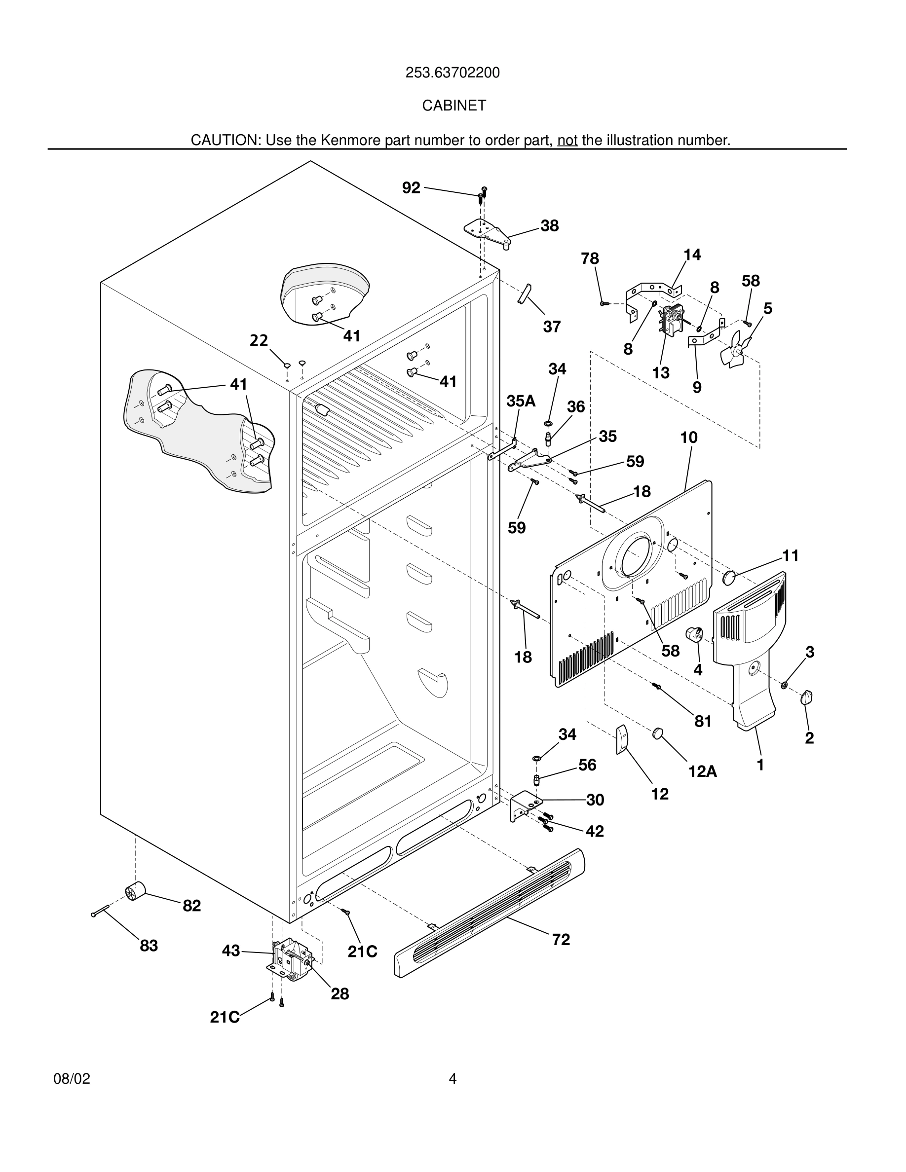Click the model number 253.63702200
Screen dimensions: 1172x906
[453, 73]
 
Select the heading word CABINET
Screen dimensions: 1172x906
[453, 106]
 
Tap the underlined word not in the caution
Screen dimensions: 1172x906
[567, 141]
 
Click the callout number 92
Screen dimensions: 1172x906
[411, 188]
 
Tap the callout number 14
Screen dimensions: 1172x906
[692, 255]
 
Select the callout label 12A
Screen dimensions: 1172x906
[702, 771]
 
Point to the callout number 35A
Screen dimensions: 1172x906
[521, 401]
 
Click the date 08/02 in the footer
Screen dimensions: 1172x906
[72, 1079]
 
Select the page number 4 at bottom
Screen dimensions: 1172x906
[453, 1079]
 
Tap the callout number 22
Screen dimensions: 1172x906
[259, 340]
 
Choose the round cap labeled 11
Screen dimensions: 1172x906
[729, 578]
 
